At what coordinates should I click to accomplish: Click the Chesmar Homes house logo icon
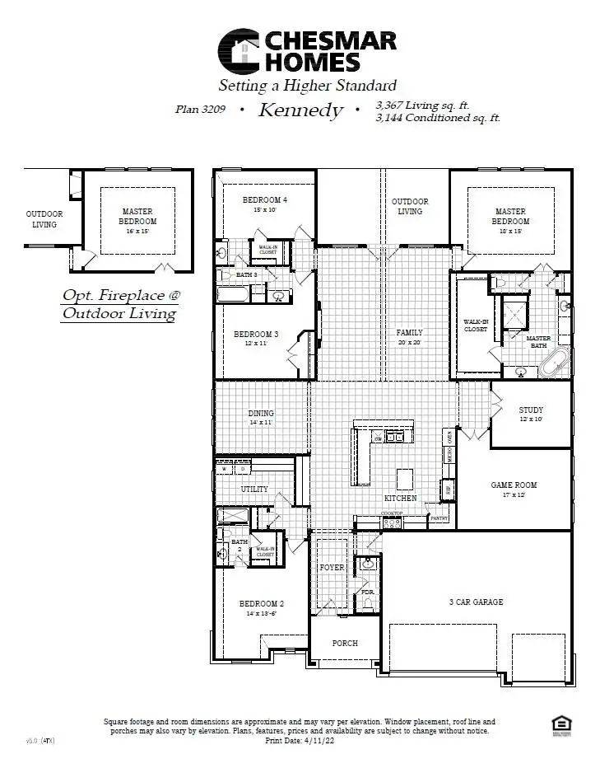239,51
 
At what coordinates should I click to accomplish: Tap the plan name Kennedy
300,110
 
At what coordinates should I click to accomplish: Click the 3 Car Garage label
476,602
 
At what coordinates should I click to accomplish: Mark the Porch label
345,643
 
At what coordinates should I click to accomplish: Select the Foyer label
332,568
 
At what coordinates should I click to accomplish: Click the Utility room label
253,489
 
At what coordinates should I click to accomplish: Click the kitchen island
404,479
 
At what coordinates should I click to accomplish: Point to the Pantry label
440,518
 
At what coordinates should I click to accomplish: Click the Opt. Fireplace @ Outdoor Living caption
119,304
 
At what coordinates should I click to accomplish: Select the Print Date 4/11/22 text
300,741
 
